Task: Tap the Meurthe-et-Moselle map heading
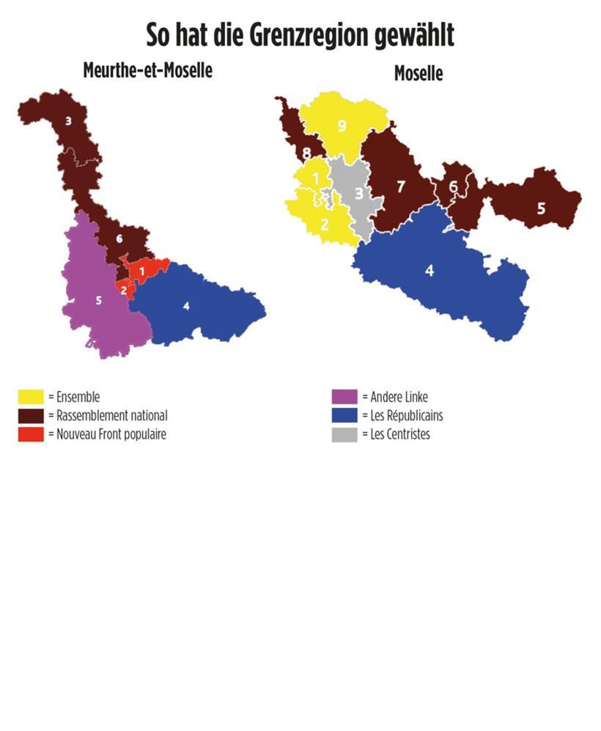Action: point(147,70)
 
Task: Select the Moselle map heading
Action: point(419,73)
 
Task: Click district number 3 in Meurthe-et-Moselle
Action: point(68,120)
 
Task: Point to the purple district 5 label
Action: point(99,299)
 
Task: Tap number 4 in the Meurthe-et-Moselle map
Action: point(186,305)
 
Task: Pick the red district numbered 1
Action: point(142,272)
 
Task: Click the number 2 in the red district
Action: point(124,289)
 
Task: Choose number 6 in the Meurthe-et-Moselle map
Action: point(119,239)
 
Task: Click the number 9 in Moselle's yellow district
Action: point(341,126)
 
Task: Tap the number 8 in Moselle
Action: point(306,153)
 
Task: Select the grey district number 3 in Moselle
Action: point(358,194)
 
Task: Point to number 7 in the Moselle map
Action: point(400,186)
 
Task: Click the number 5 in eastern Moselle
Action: point(541,208)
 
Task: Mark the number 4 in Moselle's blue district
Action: point(429,270)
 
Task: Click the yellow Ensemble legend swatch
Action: point(32,397)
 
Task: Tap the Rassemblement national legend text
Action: point(111,415)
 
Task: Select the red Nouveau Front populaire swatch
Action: point(32,434)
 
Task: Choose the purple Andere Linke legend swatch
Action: point(344,397)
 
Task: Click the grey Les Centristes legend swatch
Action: point(344,434)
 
